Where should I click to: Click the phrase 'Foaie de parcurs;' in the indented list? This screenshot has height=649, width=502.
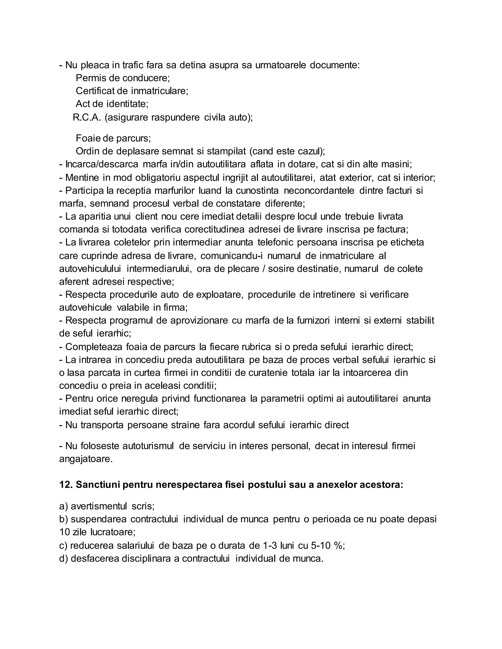tap(113, 138)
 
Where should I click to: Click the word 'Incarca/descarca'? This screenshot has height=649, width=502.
tap(102, 164)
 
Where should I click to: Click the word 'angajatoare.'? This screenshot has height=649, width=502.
tap(86, 459)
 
